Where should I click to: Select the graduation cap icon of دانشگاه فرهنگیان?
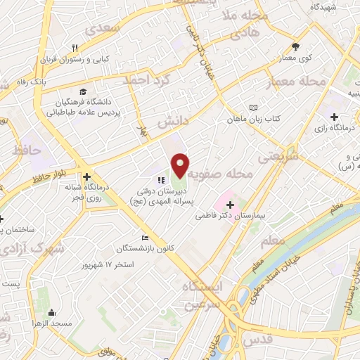coord(84,92)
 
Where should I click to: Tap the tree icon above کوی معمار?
coord(295,47)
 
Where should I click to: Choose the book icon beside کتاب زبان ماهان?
coord(253,108)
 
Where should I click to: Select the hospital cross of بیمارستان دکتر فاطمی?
coord(231,204)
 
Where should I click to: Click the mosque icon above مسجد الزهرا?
coord(50,313)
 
